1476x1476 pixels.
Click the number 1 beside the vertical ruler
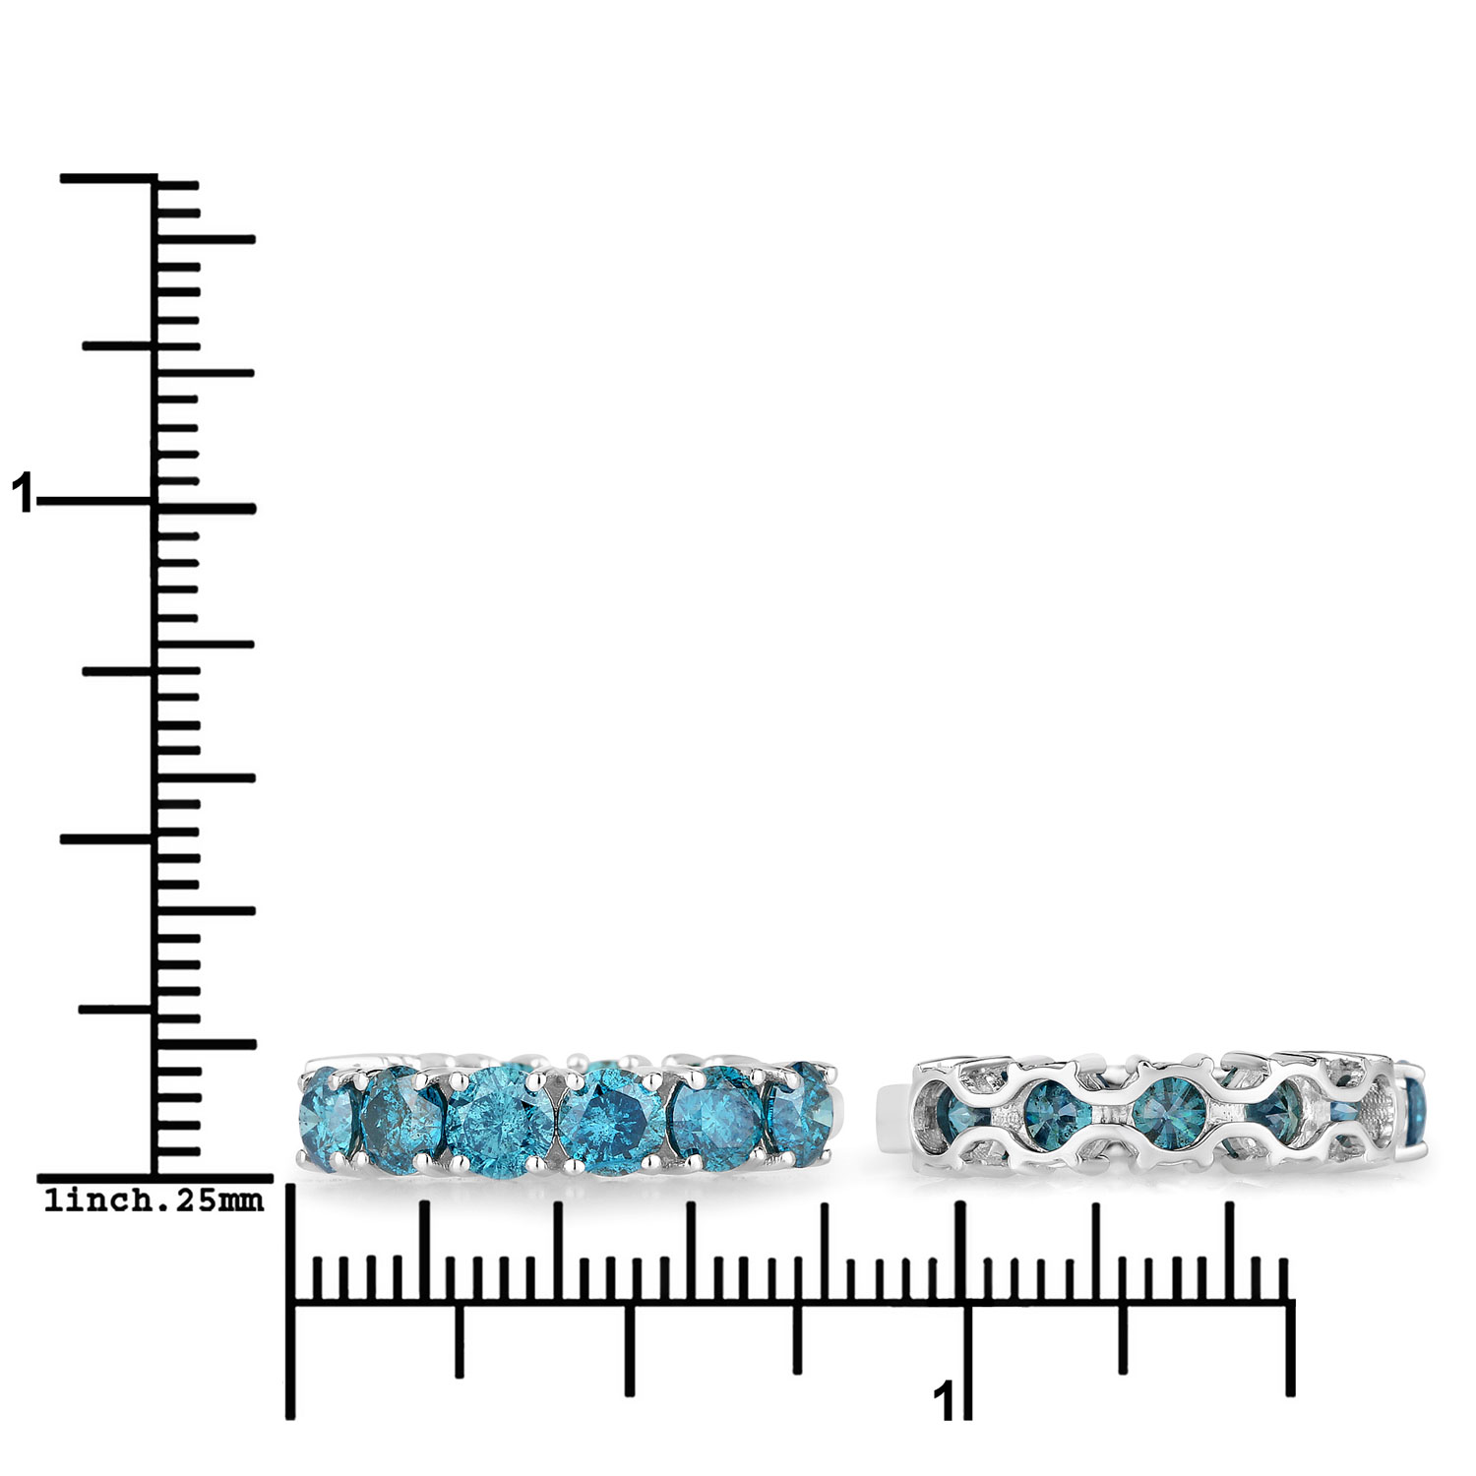click(22, 493)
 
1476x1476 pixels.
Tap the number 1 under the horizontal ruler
click(943, 1399)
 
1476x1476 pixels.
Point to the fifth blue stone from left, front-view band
click(713, 1120)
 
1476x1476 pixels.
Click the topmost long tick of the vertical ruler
click(108, 178)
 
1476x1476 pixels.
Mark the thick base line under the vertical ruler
click(154, 1178)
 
